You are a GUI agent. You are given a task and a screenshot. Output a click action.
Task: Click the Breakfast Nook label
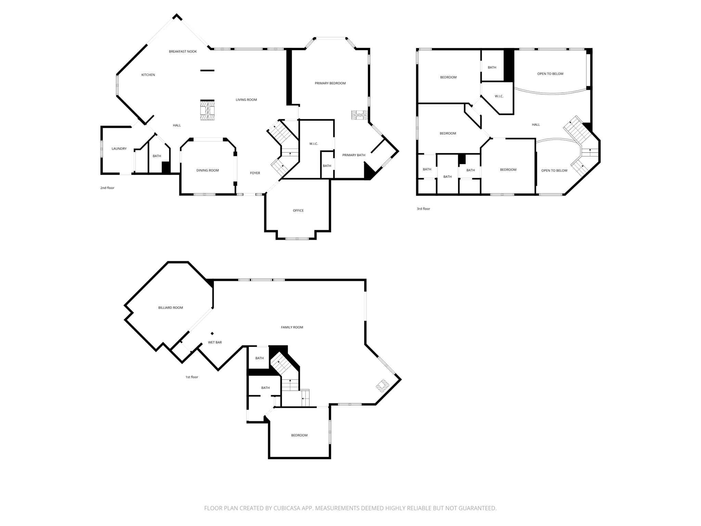(183, 52)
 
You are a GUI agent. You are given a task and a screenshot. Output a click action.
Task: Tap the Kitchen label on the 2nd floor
(148, 75)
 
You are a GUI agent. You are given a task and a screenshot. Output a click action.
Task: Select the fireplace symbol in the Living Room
(207, 110)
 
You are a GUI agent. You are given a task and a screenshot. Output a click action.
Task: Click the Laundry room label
(119, 149)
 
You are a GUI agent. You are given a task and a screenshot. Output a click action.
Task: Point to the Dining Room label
(207, 171)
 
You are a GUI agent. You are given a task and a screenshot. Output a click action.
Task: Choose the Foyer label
(255, 173)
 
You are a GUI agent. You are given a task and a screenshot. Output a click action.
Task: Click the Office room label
(298, 211)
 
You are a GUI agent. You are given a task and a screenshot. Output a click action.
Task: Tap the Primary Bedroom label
(330, 83)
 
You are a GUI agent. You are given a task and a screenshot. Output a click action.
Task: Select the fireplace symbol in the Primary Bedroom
(359, 115)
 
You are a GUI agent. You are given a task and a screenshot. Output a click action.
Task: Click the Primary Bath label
(354, 155)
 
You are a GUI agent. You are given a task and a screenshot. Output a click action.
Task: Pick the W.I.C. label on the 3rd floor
(499, 96)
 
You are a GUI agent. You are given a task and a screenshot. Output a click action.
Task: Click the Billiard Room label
(170, 308)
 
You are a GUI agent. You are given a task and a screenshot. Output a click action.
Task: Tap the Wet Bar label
(215, 342)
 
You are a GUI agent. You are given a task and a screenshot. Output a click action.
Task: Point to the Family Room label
(292, 327)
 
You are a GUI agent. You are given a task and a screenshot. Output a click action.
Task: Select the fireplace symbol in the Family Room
(383, 386)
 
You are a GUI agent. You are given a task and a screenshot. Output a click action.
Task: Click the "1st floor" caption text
(192, 377)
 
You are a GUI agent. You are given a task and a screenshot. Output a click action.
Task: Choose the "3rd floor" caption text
(423, 209)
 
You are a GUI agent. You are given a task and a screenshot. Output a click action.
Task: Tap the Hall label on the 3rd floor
(536, 125)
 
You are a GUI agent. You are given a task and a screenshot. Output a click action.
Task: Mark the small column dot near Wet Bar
(212, 334)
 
